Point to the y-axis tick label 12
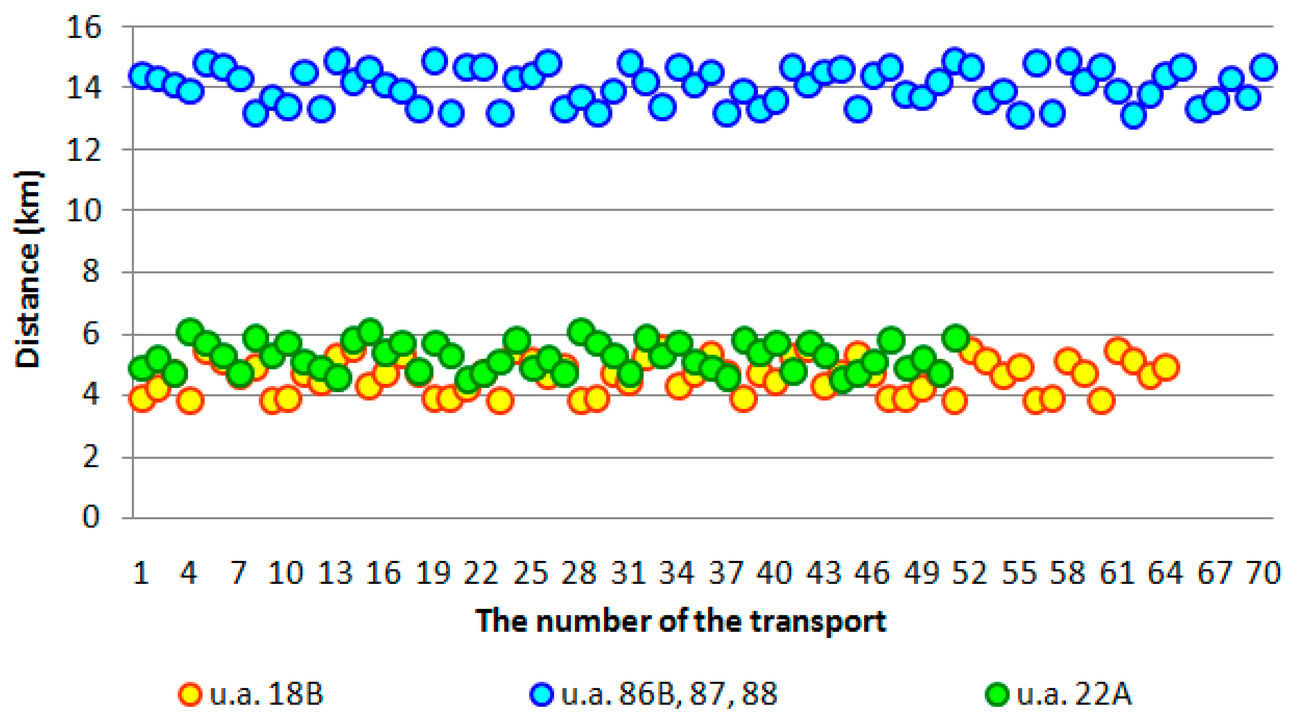pyautogui.click(x=83, y=150)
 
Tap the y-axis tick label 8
pyautogui.click(x=90, y=273)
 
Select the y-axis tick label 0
pyautogui.click(x=90, y=518)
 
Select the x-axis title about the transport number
pyautogui.click(x=681, y=621)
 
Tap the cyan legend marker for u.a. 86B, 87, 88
pyautogui.click(x=542, y=694)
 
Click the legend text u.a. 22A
pyautogui.click(x=1074, y=694)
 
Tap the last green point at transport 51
pyautogui.click(x=955, y=338)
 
